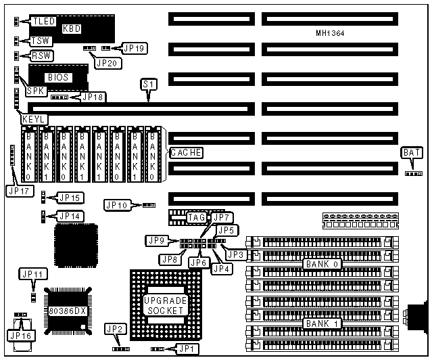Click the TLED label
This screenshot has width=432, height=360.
[43, 22]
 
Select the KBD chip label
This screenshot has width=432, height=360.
[71, 28]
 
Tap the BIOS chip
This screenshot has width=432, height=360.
[58, 78]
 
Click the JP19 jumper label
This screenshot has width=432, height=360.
[133, 48]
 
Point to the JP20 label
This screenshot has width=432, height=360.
[106, 63]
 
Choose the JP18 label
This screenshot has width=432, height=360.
[93, 97]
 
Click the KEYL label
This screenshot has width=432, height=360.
[33, 118]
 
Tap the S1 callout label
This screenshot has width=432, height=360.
[147, 84]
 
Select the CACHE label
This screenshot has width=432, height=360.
[185, 153]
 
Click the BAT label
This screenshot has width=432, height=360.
[411, 152]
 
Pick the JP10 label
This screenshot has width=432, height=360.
[116, 204]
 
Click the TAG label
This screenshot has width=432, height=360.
[197, 217]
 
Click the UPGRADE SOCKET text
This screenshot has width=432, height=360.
[164, 305]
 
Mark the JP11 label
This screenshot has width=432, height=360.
[32, 274]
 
